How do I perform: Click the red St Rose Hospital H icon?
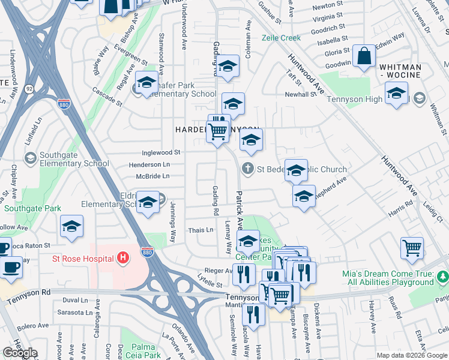click(123, 259)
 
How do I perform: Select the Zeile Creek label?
click(281, 38)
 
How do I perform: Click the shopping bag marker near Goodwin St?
click(364, 58)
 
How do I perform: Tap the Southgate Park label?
click(31, 209)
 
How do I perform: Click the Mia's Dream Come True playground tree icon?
click(442, 277)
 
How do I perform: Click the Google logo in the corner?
click(19, 353)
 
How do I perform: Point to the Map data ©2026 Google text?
click(412, 355)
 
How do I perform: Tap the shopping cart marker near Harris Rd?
click(412, 248)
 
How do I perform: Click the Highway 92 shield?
click(28, 89)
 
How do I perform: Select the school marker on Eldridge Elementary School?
click(148, 203)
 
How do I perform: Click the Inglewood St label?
click(160, 153)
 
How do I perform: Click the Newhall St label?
click(300, 94)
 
